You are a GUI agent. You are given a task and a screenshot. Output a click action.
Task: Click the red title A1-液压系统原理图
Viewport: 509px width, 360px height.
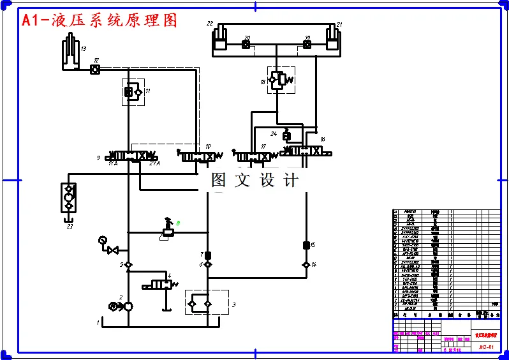[x=99, y=20]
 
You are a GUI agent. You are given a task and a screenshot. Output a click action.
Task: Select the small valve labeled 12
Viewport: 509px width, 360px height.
[x=94, y=68]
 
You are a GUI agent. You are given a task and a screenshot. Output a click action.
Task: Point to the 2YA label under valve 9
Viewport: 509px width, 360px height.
[x=154, y=164]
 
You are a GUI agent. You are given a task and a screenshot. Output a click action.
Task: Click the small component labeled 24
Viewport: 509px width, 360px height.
[x=286, y=135]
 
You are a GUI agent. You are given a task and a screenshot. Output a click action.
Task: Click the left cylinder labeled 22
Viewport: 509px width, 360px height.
[x=221, y=38]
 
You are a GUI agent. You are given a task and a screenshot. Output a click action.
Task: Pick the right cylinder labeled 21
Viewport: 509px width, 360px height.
[x=331, y=38]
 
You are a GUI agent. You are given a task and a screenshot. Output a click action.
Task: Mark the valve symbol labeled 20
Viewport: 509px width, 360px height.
[x=246, y=45]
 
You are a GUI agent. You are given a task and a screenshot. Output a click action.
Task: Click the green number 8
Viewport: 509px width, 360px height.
[x=179, y=222]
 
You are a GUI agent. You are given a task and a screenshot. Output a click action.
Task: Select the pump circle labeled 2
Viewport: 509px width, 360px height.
[x=127, y=306]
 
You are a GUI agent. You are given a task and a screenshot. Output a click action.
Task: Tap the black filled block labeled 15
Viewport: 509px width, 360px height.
[x=305, y=245]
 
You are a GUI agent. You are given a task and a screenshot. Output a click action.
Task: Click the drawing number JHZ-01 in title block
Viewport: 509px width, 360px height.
[x=486, y=347]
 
